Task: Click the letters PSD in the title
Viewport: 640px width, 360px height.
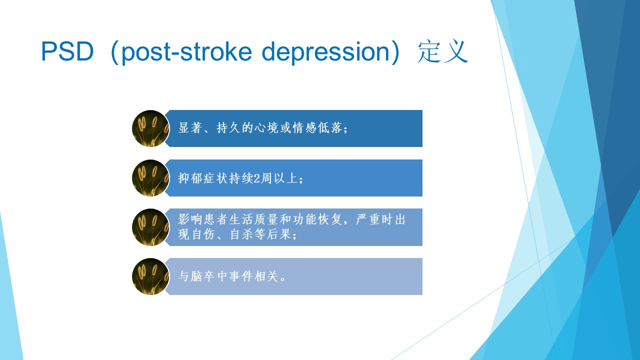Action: click(67, 51)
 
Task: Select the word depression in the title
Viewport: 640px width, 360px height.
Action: click(325, 52)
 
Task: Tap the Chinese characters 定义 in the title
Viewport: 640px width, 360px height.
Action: click(442, 51)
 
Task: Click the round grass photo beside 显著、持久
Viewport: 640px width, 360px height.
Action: click(150, 128)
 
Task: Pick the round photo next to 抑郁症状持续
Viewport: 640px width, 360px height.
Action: click(150, 178)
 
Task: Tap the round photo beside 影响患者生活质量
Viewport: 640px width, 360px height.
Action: click(150, 227)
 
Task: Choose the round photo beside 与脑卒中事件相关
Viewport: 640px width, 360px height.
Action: click(150, 276)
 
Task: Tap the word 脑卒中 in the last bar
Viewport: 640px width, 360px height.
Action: click(202, 276)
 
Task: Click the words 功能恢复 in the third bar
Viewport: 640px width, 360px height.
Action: click(317, 219)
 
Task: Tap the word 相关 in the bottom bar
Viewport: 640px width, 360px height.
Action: click(266, 276)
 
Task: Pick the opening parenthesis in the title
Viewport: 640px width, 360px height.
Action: click(114, 52)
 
